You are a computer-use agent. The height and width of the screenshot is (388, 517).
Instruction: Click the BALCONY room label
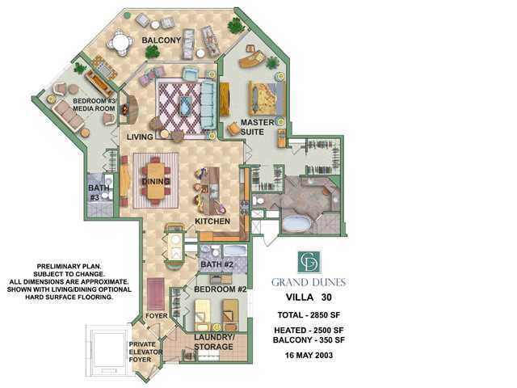pyautogui.click(x=161, y=40)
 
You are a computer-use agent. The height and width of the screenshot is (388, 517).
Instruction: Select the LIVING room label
pyautogui.click(x=140, y=137)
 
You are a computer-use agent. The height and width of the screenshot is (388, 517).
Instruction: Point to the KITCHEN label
pyautogui.click(x=212, y=221)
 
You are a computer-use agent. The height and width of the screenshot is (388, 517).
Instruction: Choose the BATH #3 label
pyautogui.click(x=99, y=192)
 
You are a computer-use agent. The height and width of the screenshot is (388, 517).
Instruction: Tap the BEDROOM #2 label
pyautogui.click(x=220, y=289)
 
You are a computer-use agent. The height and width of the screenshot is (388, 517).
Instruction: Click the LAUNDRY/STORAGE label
pyautogui.click(x=214, y=342)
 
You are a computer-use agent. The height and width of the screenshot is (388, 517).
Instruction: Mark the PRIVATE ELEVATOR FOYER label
pyautogui.click(x=145, y=352)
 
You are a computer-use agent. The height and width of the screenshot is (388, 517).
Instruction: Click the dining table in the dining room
pyautogui.click(x=156, y=180)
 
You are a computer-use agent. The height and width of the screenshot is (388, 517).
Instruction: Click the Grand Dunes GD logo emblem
pyautogui.click(x=309, y=261)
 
